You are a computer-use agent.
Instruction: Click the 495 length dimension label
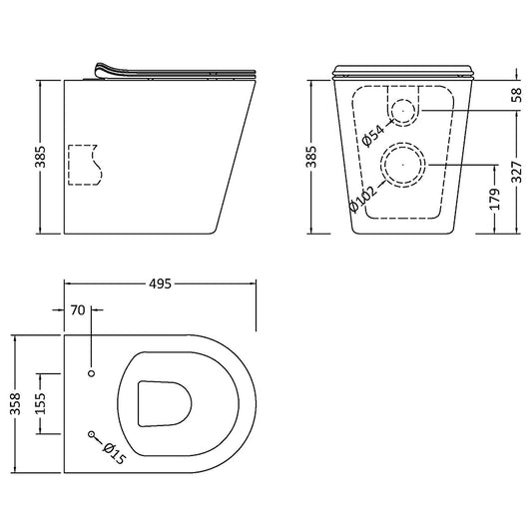(161, 283)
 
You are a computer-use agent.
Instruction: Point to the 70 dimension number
(77, 310)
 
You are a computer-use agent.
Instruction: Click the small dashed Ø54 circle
(402, 111)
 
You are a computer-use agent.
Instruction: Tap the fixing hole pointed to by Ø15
(92, 435)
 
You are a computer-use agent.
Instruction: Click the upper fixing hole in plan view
(92, 372)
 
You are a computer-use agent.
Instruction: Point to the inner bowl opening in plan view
(162, 403)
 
